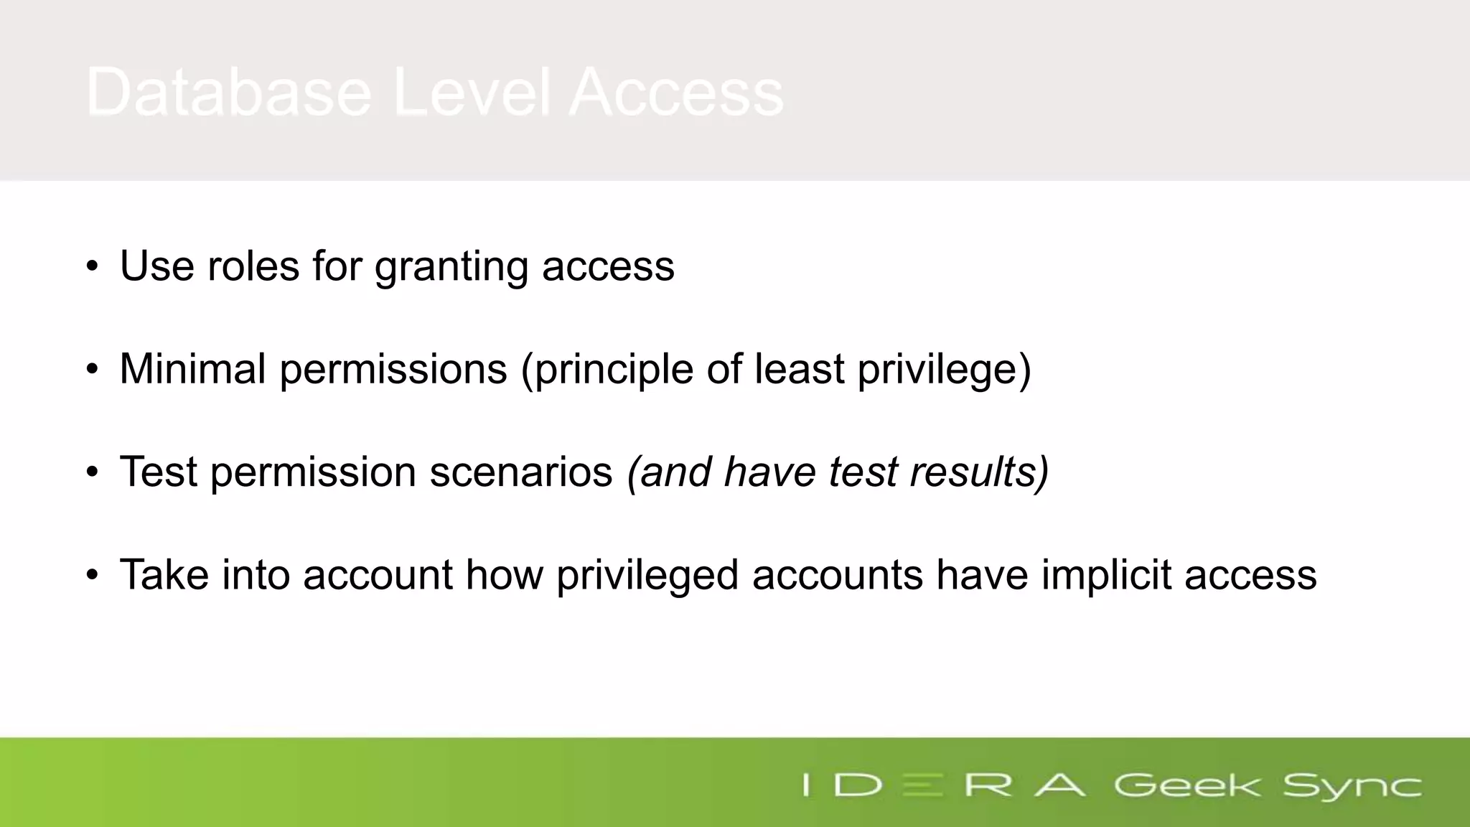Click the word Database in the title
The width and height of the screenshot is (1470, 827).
[x=228, y=92]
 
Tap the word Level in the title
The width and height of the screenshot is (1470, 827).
[x=472, y=92]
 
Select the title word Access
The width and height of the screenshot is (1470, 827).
[x=676, y=92]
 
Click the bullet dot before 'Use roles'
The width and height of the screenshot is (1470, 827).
[x=92, y=266]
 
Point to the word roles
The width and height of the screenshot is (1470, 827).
[x=253, y=266]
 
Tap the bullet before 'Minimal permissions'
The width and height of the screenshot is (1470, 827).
[x=92, y=369]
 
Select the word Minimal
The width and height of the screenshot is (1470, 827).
[x=192, y=369]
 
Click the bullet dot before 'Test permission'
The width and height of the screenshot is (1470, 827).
[x=92, y=472]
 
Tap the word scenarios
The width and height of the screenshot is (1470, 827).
[x=520, y=472]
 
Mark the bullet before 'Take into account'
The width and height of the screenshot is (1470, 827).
[x=92, y=575]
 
